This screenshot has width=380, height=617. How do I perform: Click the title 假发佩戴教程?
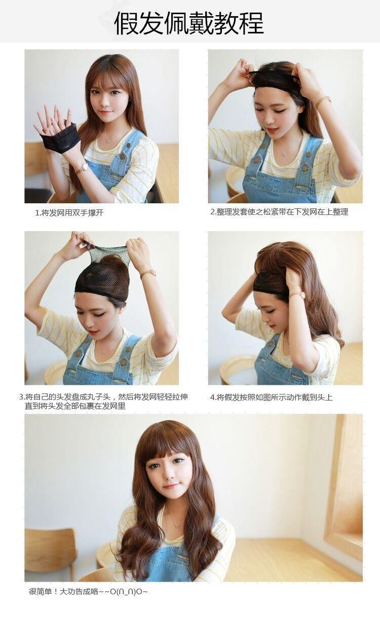coord(189,23)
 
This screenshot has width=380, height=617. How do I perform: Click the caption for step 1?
coord(69,212)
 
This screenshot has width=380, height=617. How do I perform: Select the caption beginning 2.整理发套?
coord(279,212)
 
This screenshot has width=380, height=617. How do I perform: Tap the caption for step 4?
coord(271,397)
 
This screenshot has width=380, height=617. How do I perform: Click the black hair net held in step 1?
coord(60,138)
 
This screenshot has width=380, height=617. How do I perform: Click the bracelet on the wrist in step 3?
coord(148,274)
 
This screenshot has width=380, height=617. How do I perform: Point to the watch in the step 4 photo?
coord(297,295)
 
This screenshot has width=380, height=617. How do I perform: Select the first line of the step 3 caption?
coord(103,397)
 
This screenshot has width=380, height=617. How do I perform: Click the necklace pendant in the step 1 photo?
coord(108,141)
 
